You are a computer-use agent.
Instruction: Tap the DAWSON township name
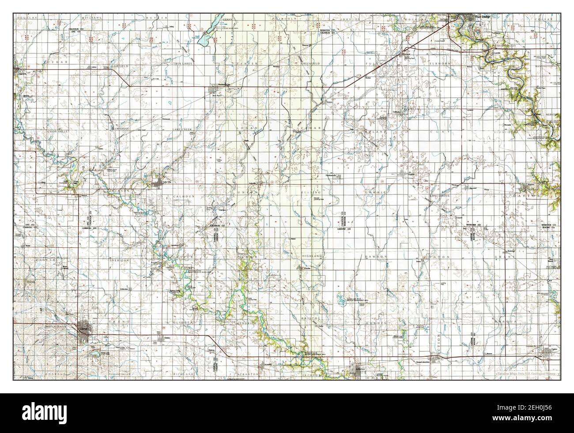click(x=376, y=256)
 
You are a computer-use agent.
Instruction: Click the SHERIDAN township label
click(x=119, y=261)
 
